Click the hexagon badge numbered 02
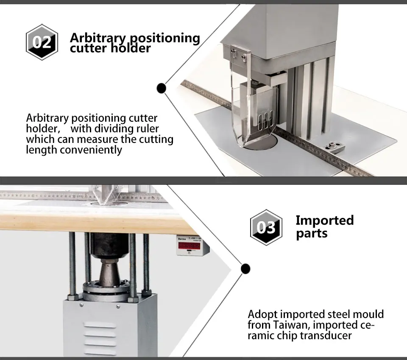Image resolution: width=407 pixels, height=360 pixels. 42,42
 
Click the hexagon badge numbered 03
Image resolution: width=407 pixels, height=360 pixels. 266,227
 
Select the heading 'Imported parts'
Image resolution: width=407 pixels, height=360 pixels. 324,227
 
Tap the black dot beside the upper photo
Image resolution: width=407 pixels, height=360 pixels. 161,88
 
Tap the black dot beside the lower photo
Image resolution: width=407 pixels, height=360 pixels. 245,268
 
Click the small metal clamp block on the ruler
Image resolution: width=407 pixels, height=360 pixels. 333,148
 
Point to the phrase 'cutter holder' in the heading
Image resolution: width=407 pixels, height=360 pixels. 110,49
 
